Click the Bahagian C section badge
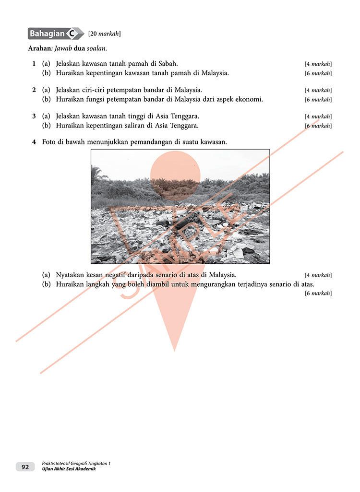(x=56, y=34)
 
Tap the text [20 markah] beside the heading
(x=105, y=34)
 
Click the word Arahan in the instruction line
(x=39, y=48)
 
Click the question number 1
(x=34, y=63)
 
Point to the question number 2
(x=34, y=90)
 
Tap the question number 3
(x=34, y=116)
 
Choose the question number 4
(x=34, y=142)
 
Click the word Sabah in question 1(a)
(x=168, y=63)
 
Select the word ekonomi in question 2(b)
(x=250, y=99)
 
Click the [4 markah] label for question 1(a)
(x=318, y=64)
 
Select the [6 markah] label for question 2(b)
(x=318, y=100)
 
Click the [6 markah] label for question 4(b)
(x=318, y=293)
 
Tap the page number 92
(x=25, y=467)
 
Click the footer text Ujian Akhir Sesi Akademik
(x=69, y=469)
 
